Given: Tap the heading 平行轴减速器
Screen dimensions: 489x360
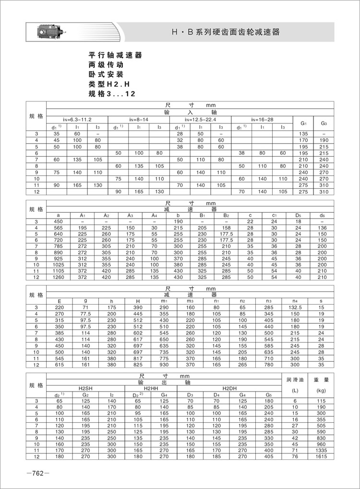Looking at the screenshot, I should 115,55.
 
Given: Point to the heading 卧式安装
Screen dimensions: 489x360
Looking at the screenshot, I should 106,74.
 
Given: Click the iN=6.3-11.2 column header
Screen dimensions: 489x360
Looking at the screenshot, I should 77,118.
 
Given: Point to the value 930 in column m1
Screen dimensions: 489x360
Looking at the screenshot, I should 164,364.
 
